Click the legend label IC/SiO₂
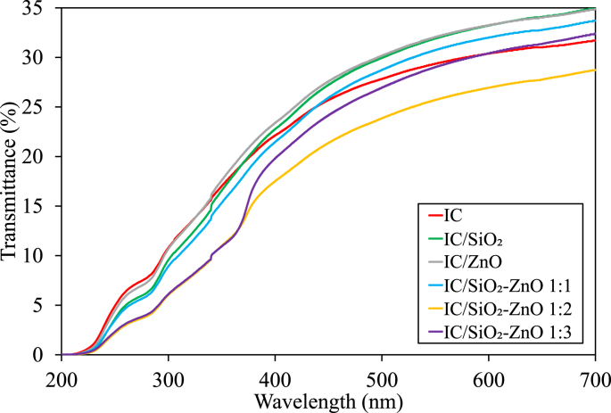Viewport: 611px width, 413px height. coord(478,237)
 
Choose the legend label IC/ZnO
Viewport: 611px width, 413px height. coord(476,260)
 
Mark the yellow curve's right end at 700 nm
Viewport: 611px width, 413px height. coord(595,70)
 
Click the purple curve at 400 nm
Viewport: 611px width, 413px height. coord(275,161)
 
